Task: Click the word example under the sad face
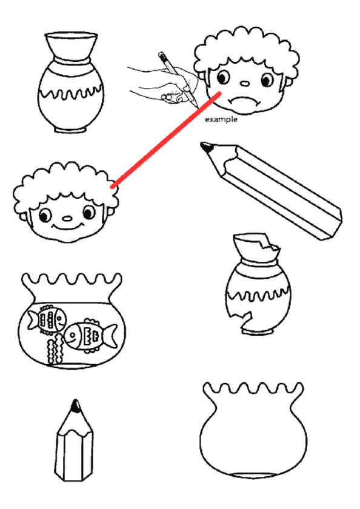pos(221,119)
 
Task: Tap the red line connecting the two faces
pos(166,140)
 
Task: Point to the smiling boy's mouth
pos(67,226)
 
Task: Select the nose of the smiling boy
pos(67,219)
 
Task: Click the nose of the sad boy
pos(245,84)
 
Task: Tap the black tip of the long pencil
pos(207,147)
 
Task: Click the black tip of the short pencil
pos(76,406)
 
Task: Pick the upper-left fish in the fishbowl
pos(47,319)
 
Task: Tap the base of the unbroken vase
pos(70,129)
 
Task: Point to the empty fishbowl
pos(253,430)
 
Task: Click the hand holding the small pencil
pos(162,85)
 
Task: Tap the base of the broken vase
pos(258,331)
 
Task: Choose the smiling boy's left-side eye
pos(45,215)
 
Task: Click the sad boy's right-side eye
pos(267,79)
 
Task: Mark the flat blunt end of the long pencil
pos(334,225)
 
